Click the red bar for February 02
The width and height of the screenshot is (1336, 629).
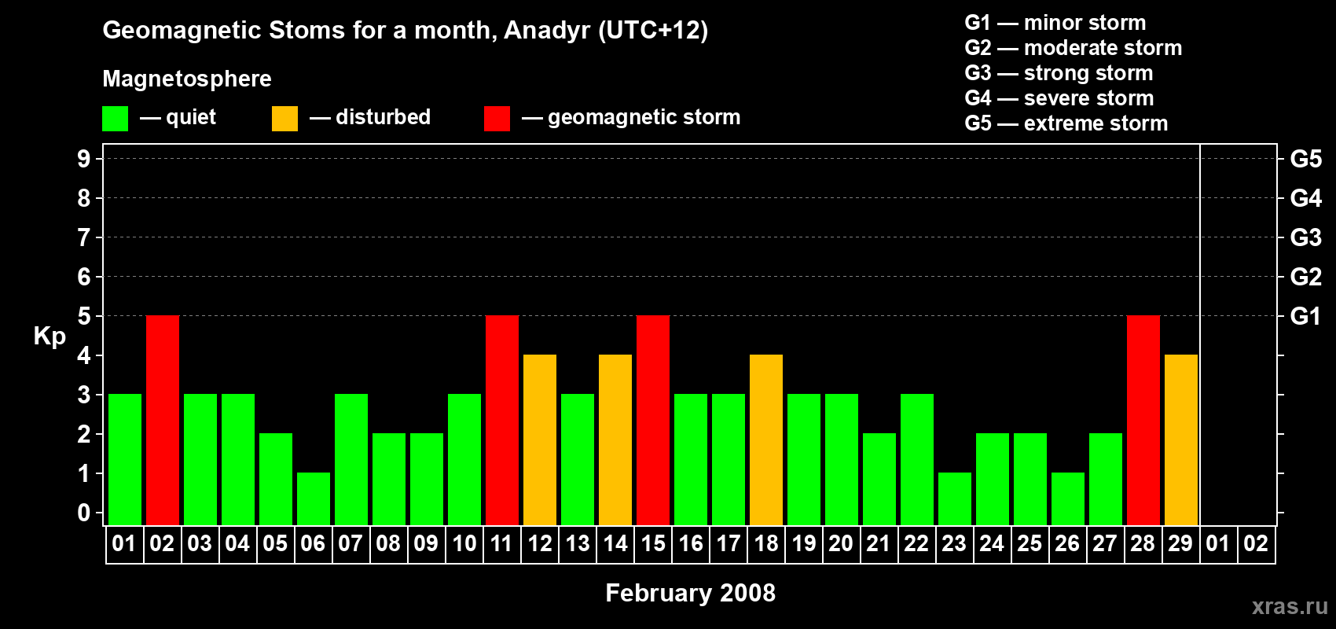[x=163, y=420]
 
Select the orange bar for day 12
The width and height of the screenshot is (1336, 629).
[x=540, y=440]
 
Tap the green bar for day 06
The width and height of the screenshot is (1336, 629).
[x=314, y=499]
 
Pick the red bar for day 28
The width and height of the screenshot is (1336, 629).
[x=1143, y=420]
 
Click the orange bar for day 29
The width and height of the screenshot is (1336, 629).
[x=1181, y=440]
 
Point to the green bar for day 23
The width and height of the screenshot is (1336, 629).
[x=955, y=499]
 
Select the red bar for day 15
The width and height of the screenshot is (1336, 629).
[x=653, y=420]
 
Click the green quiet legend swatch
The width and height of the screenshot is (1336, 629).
[x=115, y=118]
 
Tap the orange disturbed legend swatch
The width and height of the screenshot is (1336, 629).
[x=284, y=118]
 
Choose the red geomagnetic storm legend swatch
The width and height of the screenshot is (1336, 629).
[x=497, y=118]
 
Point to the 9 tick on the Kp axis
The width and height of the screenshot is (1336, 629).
[x=83, y=159]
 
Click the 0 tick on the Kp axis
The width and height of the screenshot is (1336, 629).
[x=83, y=513]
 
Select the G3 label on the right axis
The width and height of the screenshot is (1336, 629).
[x=1305, y=237]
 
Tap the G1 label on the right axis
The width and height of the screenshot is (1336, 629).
[x=1305, y=316]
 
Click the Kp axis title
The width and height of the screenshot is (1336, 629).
[x=50, y=336]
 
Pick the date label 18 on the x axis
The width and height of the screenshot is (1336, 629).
[x=766, y=543]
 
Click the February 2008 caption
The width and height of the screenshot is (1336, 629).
[x=691, y=593]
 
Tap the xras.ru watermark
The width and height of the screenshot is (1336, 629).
[x=1290, y=606]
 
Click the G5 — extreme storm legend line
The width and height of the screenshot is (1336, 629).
[x=1066, y=123]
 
